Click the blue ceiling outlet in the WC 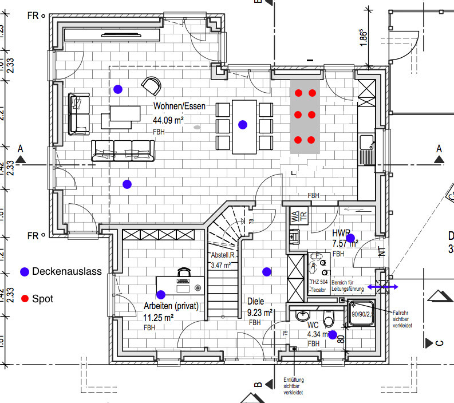333,335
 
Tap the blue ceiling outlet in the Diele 266,271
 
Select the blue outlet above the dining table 243,124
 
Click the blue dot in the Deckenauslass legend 24,272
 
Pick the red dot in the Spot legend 24,298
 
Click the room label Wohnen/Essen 179,106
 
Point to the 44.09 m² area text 168,120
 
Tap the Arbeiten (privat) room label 171,306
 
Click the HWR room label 341,234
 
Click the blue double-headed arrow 383,287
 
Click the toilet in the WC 328,317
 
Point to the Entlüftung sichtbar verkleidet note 294,386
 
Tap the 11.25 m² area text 159,318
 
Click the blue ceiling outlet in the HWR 350,238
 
